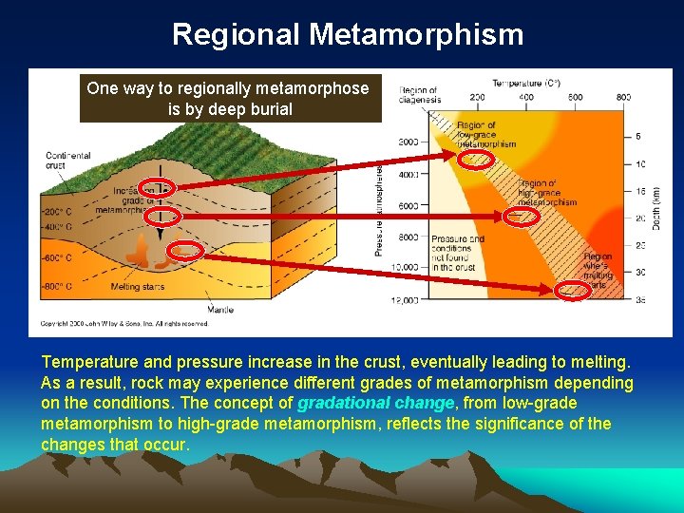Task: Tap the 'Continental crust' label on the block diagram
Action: click(67, 161)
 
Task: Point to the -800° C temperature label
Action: click(57, 285)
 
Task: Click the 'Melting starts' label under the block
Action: click(137, 287)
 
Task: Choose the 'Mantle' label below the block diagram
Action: click(221, 309)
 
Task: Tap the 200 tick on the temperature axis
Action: click(476, 96)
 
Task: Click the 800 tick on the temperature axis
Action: click(622, 96)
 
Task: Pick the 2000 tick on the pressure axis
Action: click(408, 142)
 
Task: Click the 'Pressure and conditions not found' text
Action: click(457, 251)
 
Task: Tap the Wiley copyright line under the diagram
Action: click(126, 323)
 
